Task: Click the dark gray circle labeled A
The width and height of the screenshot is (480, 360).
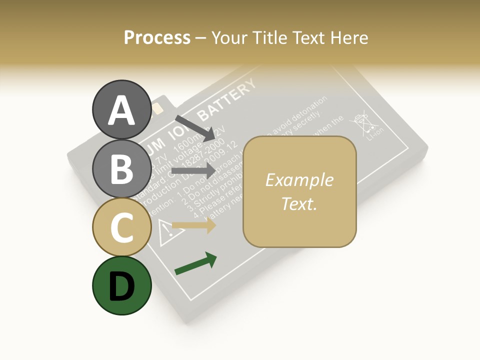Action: (x=121, y=109)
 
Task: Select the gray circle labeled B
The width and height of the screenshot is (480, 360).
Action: (x=121, y=168)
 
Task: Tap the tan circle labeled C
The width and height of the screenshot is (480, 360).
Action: (x=121, y=227)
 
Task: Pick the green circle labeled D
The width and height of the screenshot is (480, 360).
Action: (x=121, y=285)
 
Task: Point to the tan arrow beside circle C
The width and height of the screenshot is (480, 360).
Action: (x=193, y=225)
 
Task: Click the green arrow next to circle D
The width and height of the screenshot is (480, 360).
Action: (x=195, y=264)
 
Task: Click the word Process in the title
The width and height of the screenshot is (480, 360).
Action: (x=157, y=37)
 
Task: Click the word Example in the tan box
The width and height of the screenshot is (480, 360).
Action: (x=299, y=180)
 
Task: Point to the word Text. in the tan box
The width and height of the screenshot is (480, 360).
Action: (x=299, y=203)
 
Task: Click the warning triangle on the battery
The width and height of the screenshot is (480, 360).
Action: (x=165, y=230)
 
